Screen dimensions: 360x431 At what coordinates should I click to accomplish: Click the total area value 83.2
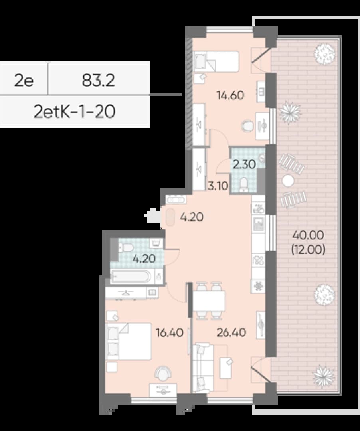98,81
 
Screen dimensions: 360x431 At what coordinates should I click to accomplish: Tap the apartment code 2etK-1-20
75,112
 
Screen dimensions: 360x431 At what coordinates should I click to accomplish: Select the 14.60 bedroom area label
230,95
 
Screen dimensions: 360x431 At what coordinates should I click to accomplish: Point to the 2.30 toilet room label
244,164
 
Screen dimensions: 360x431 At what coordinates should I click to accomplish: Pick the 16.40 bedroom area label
170,332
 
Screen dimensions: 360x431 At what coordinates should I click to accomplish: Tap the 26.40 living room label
231,332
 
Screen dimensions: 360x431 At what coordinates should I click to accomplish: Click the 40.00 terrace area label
308,235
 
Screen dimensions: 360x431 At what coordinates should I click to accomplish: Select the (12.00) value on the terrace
308,250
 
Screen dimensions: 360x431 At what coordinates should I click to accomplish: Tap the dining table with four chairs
209,301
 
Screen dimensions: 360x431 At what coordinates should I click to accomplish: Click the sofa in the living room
203,368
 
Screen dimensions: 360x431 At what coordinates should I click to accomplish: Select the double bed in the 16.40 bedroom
129,341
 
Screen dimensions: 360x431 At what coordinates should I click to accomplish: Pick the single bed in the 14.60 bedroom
217,62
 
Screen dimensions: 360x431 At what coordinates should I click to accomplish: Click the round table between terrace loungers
288,181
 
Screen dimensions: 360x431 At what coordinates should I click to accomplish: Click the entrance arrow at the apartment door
151,216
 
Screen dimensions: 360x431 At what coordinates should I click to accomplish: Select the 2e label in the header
24,81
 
